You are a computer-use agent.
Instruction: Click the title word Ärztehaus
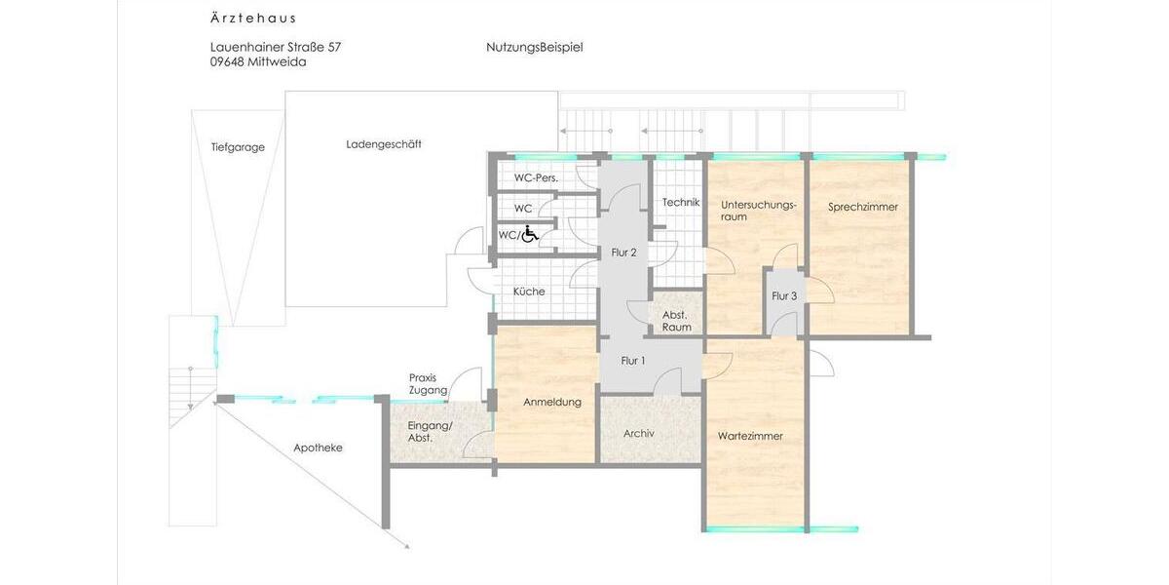click(253, 19)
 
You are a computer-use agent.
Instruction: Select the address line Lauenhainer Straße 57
click(276, 47)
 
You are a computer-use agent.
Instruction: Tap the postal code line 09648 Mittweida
click(258, 61)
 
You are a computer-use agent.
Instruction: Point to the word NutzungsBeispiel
click(534, 47)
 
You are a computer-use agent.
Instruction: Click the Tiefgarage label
click(238, 148)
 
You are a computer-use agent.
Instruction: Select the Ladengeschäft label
click(384, 144)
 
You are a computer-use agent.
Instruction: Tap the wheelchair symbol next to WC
click(530, 234)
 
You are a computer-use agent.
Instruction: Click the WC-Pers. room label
click(536, 178)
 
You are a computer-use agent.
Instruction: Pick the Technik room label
click(681, 202)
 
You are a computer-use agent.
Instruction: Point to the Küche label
click(530, 292)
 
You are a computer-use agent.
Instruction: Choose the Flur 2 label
click(623, 253)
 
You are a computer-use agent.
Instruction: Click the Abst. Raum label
click(676, 321)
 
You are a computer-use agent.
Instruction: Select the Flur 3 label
click(784, 296)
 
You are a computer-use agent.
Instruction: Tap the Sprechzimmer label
click(863, 207)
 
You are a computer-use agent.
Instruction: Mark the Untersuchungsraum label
click(759, 211)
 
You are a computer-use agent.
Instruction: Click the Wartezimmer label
click(750, 436)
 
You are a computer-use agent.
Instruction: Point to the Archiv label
click(639, 433)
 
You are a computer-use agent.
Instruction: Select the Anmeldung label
click(552, 402)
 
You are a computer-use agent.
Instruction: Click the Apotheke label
click(319, 448)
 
